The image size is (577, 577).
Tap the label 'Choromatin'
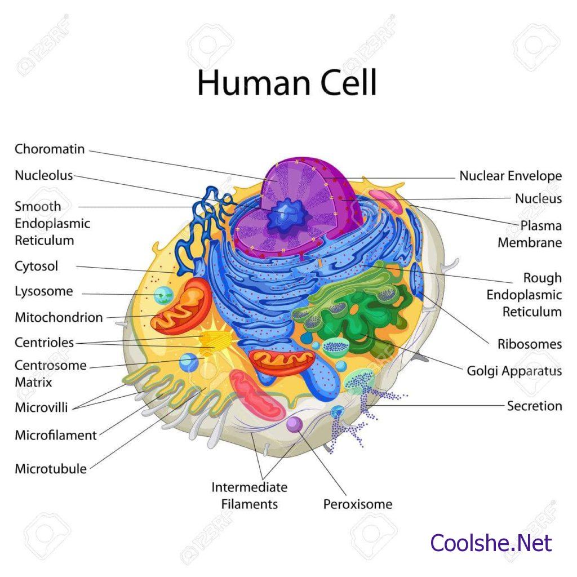50,149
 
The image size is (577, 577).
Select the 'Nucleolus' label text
44,175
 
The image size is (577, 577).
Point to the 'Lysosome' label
44,291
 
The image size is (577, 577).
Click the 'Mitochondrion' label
59,317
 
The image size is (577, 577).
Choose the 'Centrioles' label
45,342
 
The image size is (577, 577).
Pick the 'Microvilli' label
41,407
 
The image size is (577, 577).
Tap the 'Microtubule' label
51,468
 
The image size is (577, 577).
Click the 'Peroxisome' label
357,504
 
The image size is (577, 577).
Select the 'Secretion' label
534,406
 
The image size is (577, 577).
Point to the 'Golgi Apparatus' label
514,371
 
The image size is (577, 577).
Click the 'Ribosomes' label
529,344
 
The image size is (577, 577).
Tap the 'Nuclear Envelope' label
511,176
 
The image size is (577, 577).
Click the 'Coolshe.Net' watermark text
491,543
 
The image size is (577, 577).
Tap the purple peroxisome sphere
294,424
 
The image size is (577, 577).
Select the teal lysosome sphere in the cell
164,294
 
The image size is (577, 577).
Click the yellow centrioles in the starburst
216,340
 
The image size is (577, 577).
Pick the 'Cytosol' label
37,266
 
